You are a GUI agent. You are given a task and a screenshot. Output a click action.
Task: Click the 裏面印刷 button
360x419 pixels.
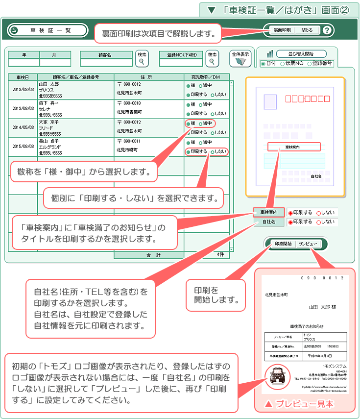coord(282,30)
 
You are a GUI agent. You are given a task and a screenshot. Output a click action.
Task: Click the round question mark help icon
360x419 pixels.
coord(327,30)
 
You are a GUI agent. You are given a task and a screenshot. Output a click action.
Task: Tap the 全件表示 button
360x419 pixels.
coord(240,58)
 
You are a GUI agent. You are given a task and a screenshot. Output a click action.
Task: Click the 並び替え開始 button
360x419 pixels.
coord(302,53)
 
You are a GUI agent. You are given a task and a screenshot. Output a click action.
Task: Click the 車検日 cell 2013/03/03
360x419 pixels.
coord(23,90)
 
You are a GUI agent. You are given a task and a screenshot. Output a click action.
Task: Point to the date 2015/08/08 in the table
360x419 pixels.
coord(23,147)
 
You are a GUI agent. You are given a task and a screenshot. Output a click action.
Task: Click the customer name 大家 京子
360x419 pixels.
coord(48,122)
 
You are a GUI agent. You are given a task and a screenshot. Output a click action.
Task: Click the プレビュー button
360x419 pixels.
coord(308,244)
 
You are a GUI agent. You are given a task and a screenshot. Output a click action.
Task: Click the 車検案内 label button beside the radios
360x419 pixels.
coord(268,212)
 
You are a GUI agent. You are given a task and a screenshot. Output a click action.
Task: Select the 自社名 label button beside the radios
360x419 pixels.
coord(268,222)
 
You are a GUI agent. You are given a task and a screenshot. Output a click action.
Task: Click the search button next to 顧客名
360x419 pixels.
coord(142,58)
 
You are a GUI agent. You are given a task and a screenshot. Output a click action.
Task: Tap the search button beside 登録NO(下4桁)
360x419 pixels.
coord(212,58)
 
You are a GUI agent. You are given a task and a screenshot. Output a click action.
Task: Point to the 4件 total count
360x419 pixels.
coord(220,255)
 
